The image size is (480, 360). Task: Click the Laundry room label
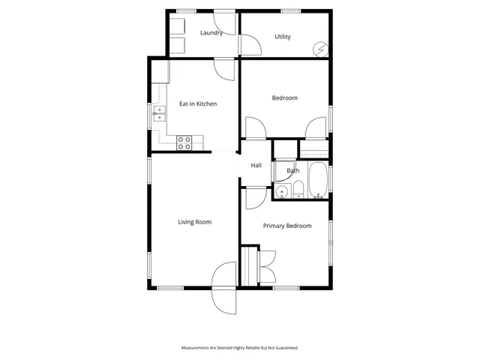click(x=211, y=33)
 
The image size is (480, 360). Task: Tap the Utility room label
click(x=283, y=37)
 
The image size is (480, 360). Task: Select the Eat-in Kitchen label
click(x=198, y=103)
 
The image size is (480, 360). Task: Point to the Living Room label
click(x=194, y=222)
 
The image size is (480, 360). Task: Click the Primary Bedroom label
click(x=286, y=226)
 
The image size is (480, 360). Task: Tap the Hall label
click(x=256, y=166)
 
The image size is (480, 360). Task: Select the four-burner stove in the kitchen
click(x=184, y=142)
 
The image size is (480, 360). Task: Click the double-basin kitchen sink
click(x=160, y=113)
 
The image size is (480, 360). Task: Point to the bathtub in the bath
click(x=318, y=181)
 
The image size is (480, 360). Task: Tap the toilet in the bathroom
click(x=297, y=190)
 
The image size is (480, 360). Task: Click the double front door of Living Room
click(x=225, y=289)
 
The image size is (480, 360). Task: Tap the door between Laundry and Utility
click(x=249, y=44)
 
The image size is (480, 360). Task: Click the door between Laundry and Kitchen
click(x=224, y=69)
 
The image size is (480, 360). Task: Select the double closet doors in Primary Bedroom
click(x=266, y=265)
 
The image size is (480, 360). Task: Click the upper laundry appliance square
click(x=176, y=25)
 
